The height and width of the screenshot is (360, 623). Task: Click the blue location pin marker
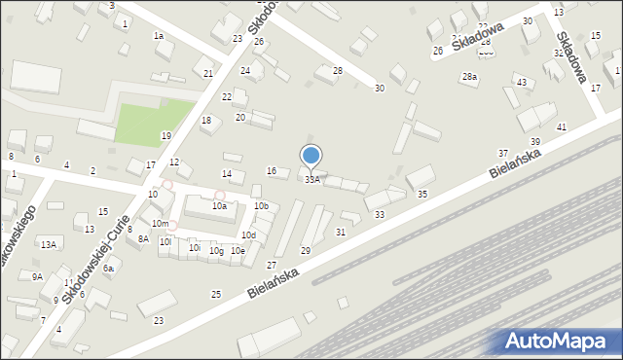311,156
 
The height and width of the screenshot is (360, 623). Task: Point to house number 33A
311,180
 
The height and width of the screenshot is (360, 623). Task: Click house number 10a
220,206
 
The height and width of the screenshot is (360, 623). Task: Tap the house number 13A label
48,245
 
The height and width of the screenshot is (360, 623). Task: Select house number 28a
470,76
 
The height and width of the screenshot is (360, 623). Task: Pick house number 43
522,83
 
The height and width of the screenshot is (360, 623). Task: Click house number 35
421,195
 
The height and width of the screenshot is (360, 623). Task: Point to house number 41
562,127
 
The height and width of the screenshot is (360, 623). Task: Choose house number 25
216,294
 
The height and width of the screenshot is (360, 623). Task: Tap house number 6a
110,269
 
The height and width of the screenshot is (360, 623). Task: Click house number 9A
37,277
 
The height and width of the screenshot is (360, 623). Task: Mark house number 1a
158,36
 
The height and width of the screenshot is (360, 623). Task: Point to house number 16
272,171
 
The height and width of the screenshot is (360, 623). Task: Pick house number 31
341,233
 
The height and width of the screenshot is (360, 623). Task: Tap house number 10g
216,251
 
